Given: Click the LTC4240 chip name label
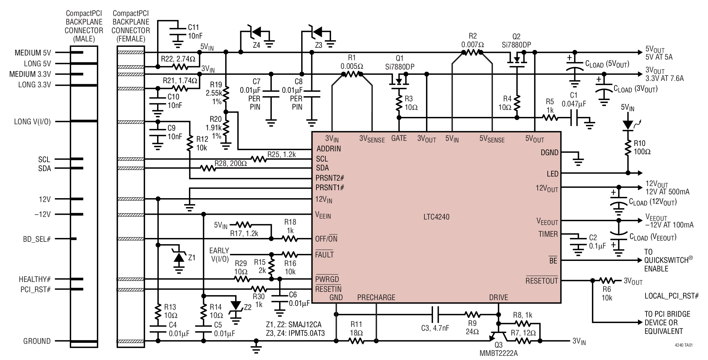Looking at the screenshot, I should tap(436, 217).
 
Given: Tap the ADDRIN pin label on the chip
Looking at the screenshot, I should tap(329, 148).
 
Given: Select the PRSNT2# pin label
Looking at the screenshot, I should tap(330, 177).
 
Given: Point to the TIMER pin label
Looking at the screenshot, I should tap(548, 234).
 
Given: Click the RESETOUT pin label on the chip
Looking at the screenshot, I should tap(542, 280).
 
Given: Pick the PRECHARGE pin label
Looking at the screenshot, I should tap(376, 297).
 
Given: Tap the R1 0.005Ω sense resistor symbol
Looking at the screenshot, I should tap(352, 74).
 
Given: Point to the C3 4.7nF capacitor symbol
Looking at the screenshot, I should tap(436, 315).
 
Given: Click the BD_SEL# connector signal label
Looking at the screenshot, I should tap(37, 239).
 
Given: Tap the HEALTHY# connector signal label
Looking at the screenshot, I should tap(35, 279).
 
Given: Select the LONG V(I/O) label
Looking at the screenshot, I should tap(32, 122).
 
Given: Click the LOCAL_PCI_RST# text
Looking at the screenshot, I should tap(671, 296).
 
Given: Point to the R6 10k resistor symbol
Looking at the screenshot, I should tap(607, 281).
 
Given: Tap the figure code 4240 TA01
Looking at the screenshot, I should tap(683, 345).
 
